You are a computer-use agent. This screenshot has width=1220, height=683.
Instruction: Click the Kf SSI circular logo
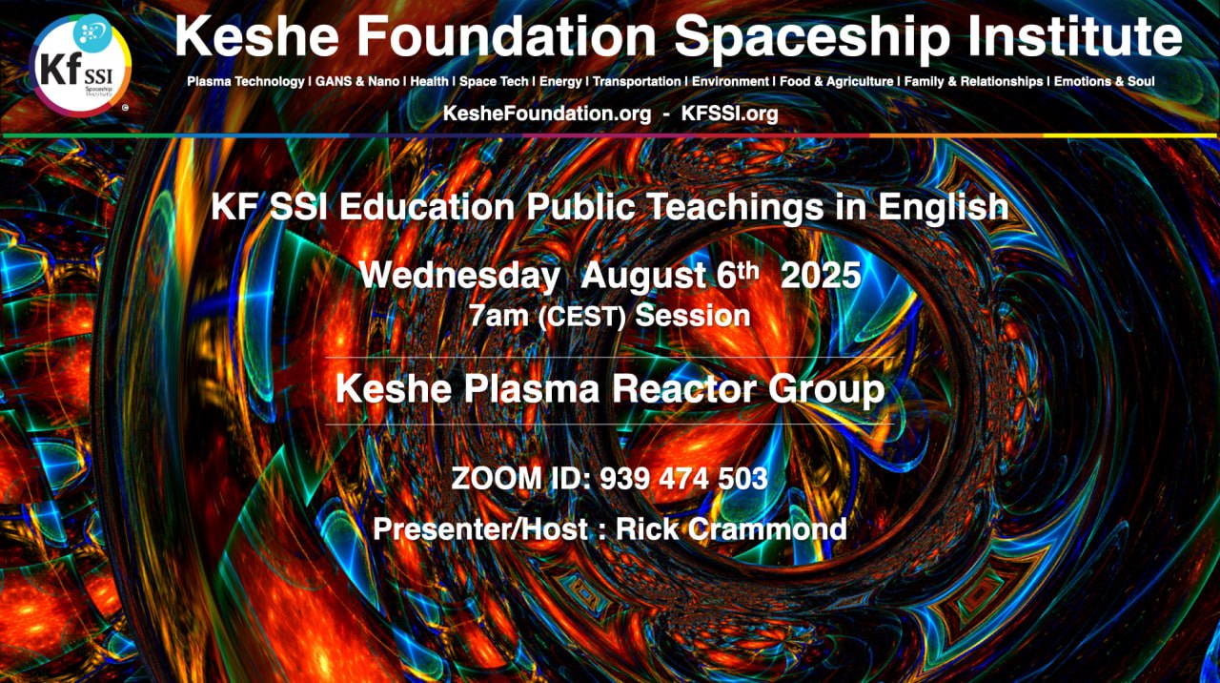pos(80,66)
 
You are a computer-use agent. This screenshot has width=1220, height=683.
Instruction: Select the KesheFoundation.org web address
pos(547,114)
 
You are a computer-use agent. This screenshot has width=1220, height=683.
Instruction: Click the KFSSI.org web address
pos(729,114)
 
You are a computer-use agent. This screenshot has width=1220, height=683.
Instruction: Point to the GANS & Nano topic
pos(357,82)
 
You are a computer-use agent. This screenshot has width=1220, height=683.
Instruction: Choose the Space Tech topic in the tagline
pos(494,82)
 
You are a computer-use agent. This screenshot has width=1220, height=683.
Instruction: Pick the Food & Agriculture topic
pos(837,82)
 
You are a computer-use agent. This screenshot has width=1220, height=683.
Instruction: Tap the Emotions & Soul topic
pos(1104,82)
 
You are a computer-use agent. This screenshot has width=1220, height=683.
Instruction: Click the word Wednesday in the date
pos(459,276)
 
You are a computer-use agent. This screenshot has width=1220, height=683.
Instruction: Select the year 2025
pos(821,276)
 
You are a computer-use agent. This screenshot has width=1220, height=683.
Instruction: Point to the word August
pos(644,277)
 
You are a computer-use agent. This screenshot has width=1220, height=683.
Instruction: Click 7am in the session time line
pos(498,316)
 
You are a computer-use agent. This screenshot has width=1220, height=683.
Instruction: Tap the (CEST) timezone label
pos(581,317)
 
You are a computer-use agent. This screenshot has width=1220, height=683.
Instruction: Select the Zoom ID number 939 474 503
pos(683,479)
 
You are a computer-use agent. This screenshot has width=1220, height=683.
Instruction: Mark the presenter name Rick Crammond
pos(731,528)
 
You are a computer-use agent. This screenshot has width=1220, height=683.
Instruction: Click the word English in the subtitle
pos(944,208)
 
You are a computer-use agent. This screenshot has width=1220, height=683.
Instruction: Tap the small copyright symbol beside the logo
pos(125,108)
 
